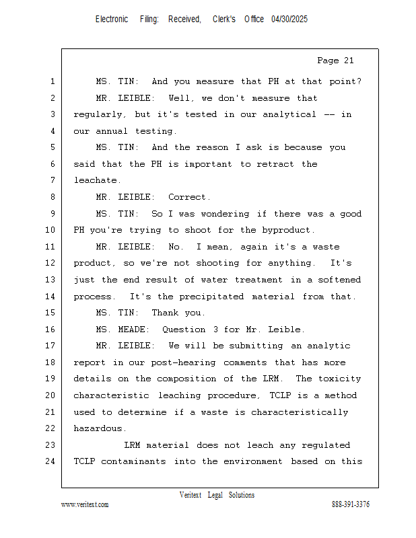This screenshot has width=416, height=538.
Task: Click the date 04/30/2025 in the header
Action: (289, 20)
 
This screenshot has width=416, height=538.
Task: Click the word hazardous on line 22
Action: (98, 428)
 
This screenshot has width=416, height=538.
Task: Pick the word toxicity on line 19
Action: (337, 379)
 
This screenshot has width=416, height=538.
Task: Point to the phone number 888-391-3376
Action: (351, 504)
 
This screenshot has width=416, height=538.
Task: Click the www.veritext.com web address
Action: (85, 504)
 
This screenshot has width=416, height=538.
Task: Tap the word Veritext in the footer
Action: (190, 495)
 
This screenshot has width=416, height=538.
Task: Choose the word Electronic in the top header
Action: (112, 20)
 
